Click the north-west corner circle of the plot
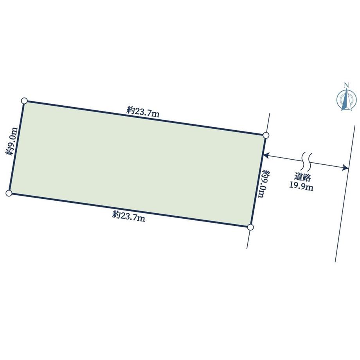pos(24,101)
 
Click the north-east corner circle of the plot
pos(266,135)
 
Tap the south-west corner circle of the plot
pos(9,193)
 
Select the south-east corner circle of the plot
pos(250,227)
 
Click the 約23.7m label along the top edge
pos(142,112)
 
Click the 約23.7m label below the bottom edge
pos(129,216)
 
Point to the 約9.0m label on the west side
pos(12,141)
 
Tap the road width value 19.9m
pos(301,186)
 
